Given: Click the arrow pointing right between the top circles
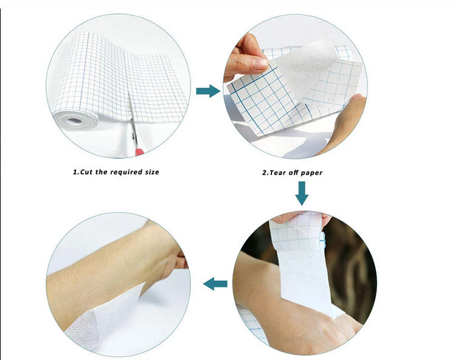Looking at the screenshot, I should pos(207,91).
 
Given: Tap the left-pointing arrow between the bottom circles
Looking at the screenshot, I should pos(215,283).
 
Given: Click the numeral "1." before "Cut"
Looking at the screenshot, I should pos(75,172).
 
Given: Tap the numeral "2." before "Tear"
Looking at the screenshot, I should pos(265,173).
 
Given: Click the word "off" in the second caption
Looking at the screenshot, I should pos(294,173).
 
